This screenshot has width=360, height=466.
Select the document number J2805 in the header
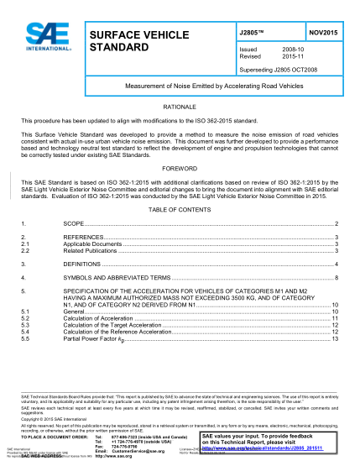[252, 30]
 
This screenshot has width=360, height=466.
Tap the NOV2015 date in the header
[322, 30]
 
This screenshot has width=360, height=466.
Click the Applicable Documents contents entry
[94, 244]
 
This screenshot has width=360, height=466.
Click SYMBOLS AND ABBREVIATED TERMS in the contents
[117, 277]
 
